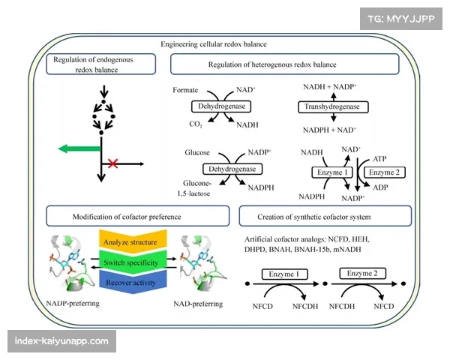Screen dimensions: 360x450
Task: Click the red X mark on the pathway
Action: pos(113,163)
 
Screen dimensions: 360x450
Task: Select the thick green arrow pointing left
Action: pos(78,148)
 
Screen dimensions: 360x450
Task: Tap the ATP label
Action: pos(379,160)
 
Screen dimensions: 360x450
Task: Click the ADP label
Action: pos(379,187)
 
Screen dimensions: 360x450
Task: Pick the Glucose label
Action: pos(197,152)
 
